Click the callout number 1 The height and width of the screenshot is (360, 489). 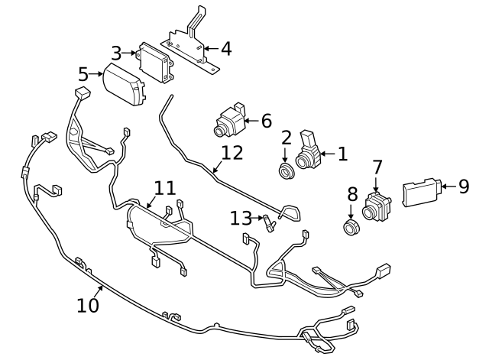tap(342, 154)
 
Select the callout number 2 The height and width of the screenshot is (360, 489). tap(287, 138)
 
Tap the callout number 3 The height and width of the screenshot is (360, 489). tap(116, 53)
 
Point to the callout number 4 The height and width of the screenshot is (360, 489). tap(225, 50)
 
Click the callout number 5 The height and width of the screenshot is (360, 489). tap(83, 74)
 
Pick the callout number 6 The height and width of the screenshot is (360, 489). tap(266, 121)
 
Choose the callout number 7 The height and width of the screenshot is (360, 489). tap(377, 167)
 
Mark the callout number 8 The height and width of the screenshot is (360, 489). tap(352, 194)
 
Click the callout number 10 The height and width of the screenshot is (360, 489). tap(88, 305)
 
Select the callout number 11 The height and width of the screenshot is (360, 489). tap(164, 188)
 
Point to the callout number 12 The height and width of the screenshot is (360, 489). tap(232, 152)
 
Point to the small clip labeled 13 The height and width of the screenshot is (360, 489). tap(268, 224)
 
